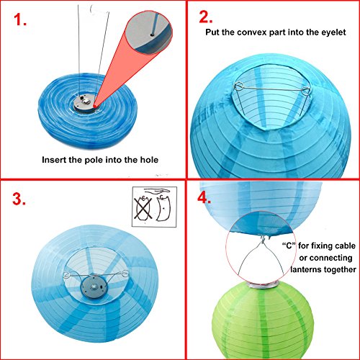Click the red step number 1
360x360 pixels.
pyautogui.click(x=19, y=19)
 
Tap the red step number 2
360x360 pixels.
pyautogui.click(x=206, y=17)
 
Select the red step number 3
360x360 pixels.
pyautogui.click(x=19, y=199)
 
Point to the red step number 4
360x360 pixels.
pyautogui.click(x=204, y=198)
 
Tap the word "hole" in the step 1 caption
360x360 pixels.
pyautogui.click(x=149, y=160)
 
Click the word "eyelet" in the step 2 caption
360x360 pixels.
pyautogui.click(x=333, y=32)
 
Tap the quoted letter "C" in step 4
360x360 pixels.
pyautogui.click(x=289, y=246)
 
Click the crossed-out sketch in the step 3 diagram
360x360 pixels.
pyautogui.click(x=143, y=208)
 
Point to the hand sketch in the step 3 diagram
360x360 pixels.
pyautogui.click(x=157, y=191)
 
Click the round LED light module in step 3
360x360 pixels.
pyautogui.click(x=94, y=287)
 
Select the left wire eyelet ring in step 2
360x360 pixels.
pyautogui.click(x=239, y=86)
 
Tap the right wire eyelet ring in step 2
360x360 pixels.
pyautogui.click(x=305, y=91)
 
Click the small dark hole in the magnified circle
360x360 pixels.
pyautogui.click(x=152, y=35)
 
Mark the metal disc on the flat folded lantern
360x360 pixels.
pyautogui.click(x=84, y=103)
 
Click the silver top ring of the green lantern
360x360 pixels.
pyautogui.click(x=264, y=284)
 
